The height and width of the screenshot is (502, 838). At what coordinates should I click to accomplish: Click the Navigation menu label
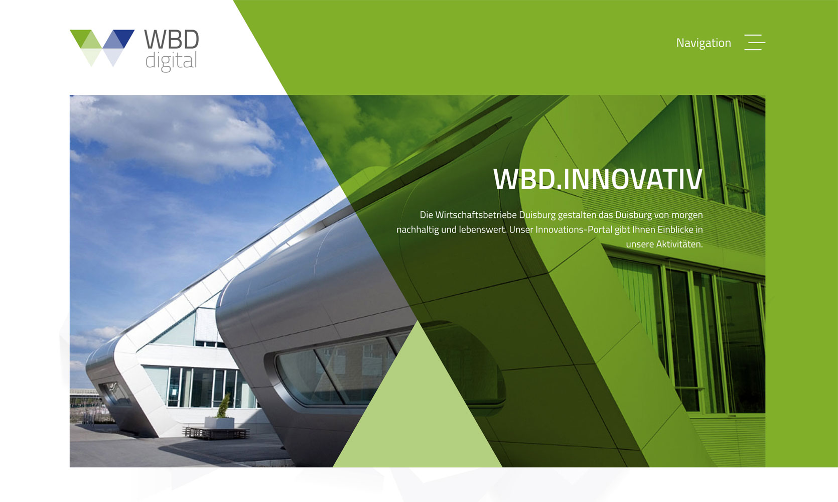(x=703, y=43)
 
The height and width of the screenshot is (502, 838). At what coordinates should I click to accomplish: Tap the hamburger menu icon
(x=754, y=43)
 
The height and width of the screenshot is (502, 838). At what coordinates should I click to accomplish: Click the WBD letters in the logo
(x=172, y=40)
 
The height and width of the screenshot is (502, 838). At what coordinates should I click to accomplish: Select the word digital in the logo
(x=171, y=61)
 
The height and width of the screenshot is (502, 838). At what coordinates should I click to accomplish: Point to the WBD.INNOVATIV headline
(x=598, y=179)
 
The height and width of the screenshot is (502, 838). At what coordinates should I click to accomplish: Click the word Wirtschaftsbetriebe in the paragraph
(x=476, y=215)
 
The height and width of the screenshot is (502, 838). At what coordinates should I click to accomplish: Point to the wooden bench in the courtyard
(x=216, y=432)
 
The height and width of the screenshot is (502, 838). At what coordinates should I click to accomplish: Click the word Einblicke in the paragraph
(x=675, y=230)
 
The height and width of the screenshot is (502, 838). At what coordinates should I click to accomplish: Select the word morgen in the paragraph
(x=687, y=215)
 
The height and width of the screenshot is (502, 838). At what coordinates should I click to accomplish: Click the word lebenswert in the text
(x=482, y=230)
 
